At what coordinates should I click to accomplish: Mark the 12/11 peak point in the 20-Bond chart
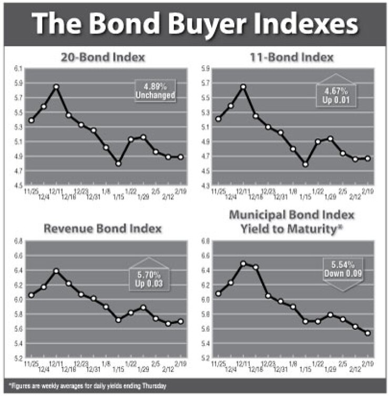[56, 87]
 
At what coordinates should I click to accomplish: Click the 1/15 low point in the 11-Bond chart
[305, 164]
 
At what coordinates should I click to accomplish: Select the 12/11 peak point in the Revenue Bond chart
[56, 271]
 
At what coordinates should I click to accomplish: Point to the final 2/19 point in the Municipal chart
[366, 333]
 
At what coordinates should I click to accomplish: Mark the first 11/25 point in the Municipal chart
[218, 293]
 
